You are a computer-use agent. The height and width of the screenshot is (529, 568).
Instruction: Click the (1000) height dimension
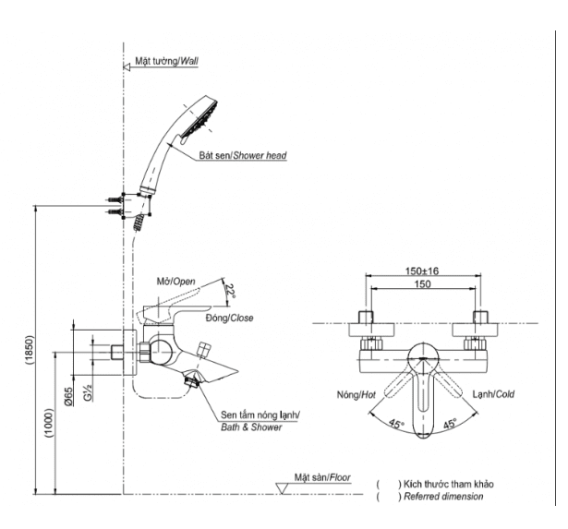point(49,423)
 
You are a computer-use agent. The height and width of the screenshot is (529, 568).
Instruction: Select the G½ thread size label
point(88,392)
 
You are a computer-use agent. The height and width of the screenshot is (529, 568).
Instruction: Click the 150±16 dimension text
point(422,271)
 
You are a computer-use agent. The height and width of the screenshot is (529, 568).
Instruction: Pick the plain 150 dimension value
point(422,283)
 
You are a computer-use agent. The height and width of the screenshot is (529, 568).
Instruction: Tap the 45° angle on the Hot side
point(396,424)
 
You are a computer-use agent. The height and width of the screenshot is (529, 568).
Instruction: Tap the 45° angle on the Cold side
point(450,423)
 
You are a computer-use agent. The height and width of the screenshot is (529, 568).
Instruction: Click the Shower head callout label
point(243,156)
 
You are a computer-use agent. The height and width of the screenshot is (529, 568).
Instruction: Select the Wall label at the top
point(166,61)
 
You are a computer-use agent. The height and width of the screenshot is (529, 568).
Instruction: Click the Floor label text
point(322,477)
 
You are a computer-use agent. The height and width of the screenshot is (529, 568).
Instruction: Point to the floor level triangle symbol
point(282,488)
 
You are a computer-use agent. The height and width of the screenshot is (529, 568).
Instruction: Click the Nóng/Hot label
point(357,394)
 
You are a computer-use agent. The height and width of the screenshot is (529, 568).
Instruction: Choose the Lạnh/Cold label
point(493,394)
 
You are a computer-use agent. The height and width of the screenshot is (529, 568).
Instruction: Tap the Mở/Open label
point(175,282)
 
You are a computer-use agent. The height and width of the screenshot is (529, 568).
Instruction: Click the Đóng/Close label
point(229,318)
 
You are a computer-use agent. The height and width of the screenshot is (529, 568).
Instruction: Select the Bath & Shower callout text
point(251,427)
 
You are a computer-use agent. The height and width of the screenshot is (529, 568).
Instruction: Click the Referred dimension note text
point(443,497)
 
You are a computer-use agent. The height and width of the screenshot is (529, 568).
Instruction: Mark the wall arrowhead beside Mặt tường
point(127,67)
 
